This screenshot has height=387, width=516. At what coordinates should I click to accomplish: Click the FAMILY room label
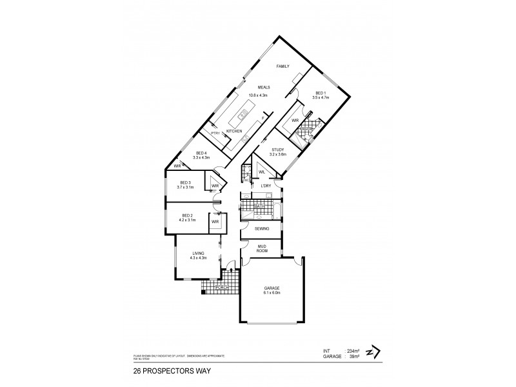[283, 67]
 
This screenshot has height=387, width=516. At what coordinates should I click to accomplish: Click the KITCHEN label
[233, 132]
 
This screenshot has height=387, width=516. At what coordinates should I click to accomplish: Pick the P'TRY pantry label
[216, 134]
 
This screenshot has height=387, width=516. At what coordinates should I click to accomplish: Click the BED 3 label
[186, 182]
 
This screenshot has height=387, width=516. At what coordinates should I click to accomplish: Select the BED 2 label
[187, 215]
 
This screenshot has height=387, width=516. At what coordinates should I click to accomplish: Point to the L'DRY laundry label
[265, 186]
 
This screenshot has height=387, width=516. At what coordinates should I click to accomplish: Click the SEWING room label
[261, 229]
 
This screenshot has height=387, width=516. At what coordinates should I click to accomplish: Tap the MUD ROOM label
[263, 248]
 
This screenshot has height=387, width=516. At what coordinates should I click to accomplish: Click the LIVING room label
[198, 253]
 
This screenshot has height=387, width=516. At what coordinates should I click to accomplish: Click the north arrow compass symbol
[372, 352]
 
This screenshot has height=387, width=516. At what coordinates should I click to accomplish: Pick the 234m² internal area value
[353, 350]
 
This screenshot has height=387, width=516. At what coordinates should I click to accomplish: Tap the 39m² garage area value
[354, 355]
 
